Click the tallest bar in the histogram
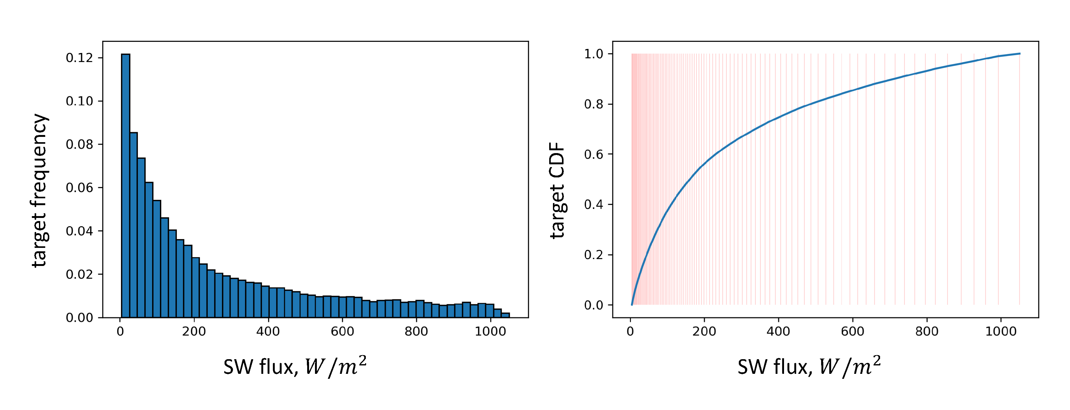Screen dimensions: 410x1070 (125, 187)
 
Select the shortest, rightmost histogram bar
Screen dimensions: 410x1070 (505, 315)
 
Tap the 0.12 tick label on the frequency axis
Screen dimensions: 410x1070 (79, 58)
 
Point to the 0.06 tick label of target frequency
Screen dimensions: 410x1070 (79, 188)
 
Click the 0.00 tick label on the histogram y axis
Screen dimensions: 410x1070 (79, 318)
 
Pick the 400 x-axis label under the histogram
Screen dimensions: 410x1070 (268, 331)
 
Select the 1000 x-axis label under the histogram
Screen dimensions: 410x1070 (490, 331)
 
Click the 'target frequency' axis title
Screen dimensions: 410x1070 (40, 190)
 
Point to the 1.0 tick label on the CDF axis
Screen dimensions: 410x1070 (593, 54)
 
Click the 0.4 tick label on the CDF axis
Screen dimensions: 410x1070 (593, 205)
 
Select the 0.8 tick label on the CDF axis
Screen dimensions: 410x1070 (593, 104)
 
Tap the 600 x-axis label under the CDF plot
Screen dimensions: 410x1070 (852, 331)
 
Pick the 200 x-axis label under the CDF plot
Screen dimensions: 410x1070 (704, 331)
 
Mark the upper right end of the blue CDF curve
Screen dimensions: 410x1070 (1019, 54)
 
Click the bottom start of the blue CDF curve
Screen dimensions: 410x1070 (632, 305)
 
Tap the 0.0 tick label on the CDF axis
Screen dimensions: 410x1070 (593, 305)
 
